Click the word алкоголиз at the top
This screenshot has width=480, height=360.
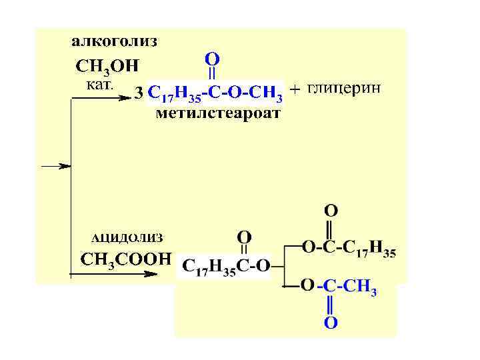tap(115, 42)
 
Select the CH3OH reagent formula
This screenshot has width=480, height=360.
tap(107, 67)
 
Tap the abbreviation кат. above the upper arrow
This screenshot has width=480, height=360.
tap(101, 85)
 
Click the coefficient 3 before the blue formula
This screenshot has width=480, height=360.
tap(139, 93)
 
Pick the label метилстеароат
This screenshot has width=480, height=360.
tap(218, 113)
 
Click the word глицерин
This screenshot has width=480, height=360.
tap(345, 89)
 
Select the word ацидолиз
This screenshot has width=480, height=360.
tap(127, 237)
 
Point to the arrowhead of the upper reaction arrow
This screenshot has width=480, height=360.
tap(125, 98)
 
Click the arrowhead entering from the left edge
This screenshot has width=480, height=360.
tap(65, 166)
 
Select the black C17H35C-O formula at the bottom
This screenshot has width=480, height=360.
tap(226, 266)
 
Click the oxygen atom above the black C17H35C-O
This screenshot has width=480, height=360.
tap(245, 237)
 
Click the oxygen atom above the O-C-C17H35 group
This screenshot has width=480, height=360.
tap(331, 211)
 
